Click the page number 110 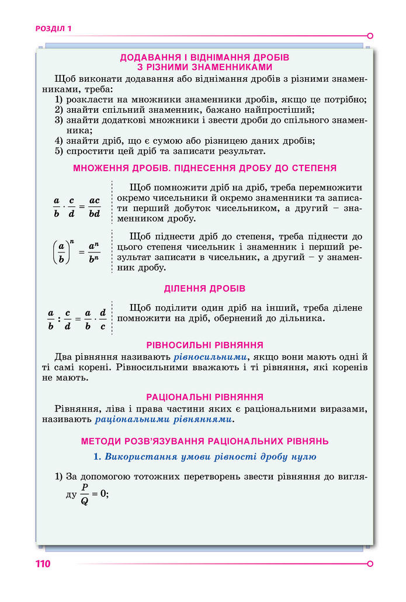coord(43,564)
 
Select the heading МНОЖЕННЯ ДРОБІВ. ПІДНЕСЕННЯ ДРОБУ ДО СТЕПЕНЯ coord(204,168)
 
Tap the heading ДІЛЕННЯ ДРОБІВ coord(204,289)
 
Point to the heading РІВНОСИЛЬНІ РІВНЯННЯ coord(204,345)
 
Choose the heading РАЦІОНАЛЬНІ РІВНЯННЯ coord(204,397)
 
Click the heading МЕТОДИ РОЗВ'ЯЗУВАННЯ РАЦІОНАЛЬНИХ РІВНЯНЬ coord(204,441)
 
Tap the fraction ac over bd coord(94,207)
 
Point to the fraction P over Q coord(85,494)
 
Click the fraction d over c coord(103,319)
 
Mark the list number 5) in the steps coord(58,151)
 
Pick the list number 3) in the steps coord(58,120)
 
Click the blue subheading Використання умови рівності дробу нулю coord(204,456)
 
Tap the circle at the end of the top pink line coord(370,36)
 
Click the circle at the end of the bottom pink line coord(370,564)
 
